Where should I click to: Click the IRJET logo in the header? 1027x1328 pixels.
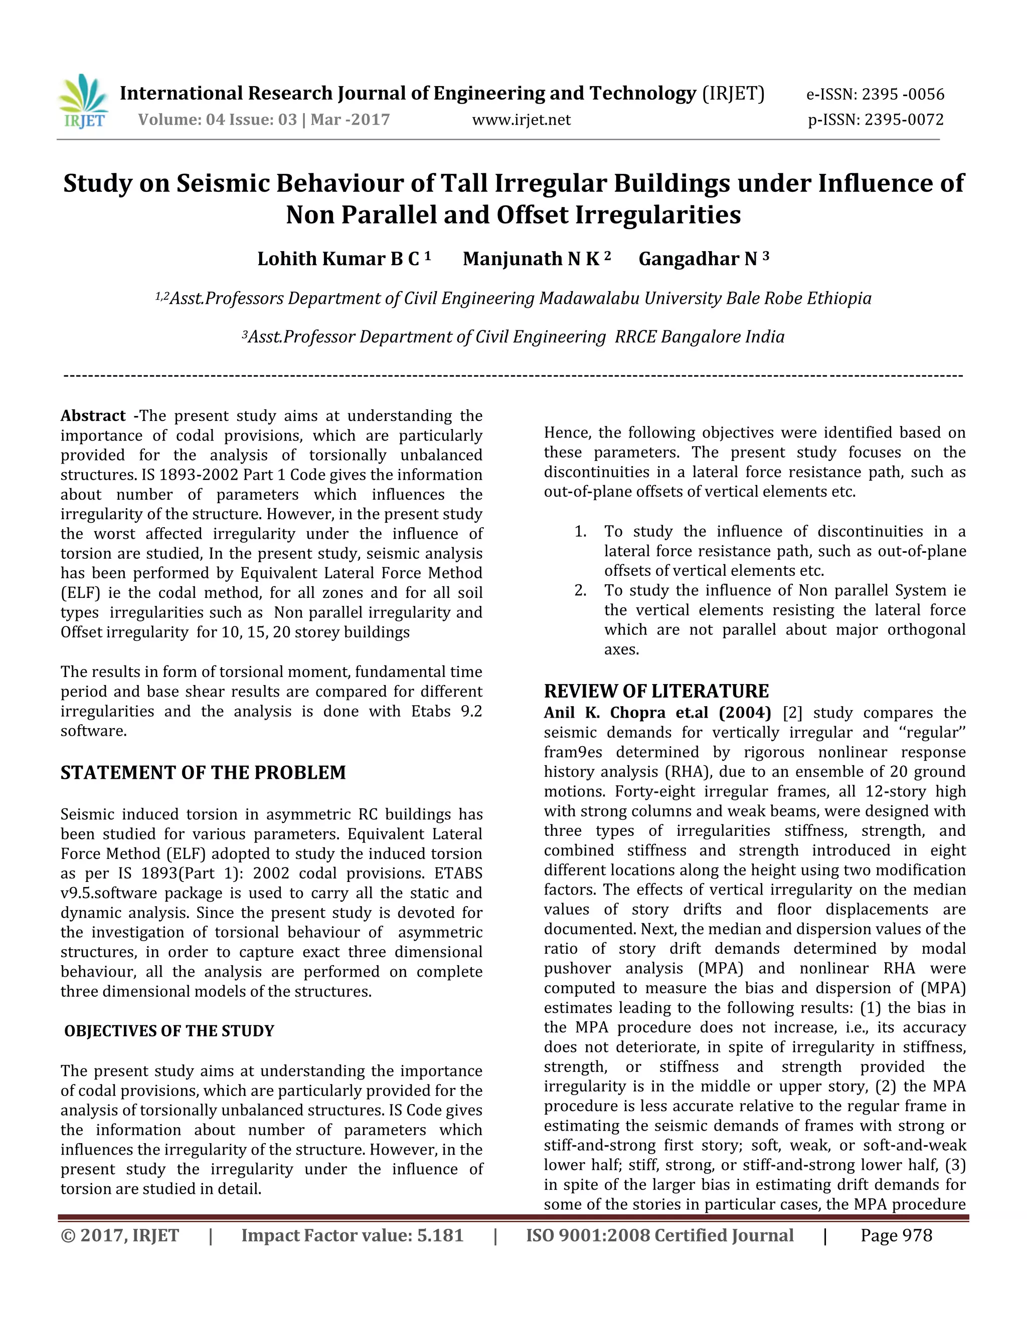(83, 102)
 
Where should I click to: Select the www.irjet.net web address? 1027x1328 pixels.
(522, 120)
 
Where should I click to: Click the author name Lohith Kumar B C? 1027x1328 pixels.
(338, 259)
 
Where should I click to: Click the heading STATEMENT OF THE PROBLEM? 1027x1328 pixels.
(203, 773)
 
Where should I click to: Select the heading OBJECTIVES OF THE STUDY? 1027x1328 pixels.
(169, 1031)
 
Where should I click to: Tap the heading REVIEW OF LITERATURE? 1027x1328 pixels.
(656, 692)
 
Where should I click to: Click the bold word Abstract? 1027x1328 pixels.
(92, 416)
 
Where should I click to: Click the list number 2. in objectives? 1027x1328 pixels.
(580, 590)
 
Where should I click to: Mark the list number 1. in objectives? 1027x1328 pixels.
(580, 531)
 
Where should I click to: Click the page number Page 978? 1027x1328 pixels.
(896, 1236)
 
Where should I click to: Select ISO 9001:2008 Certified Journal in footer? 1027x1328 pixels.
(659, 1236)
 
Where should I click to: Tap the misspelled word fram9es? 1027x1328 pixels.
(573, 752)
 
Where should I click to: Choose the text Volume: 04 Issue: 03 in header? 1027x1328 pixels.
(217, 120)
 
